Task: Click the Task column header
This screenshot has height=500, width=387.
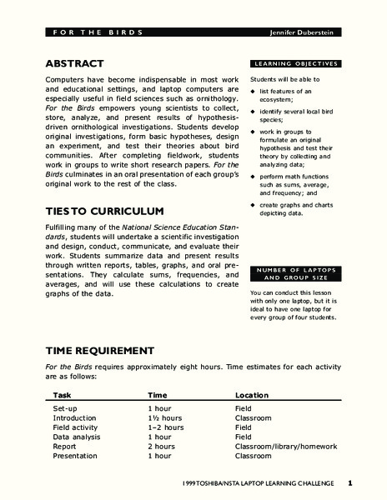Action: click(x=63, y=394)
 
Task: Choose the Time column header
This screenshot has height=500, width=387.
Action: click(x=158, y=394)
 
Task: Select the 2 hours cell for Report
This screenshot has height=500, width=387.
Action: click(x=162, y=446)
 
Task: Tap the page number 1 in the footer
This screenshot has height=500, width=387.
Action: click(x=351, y=482)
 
